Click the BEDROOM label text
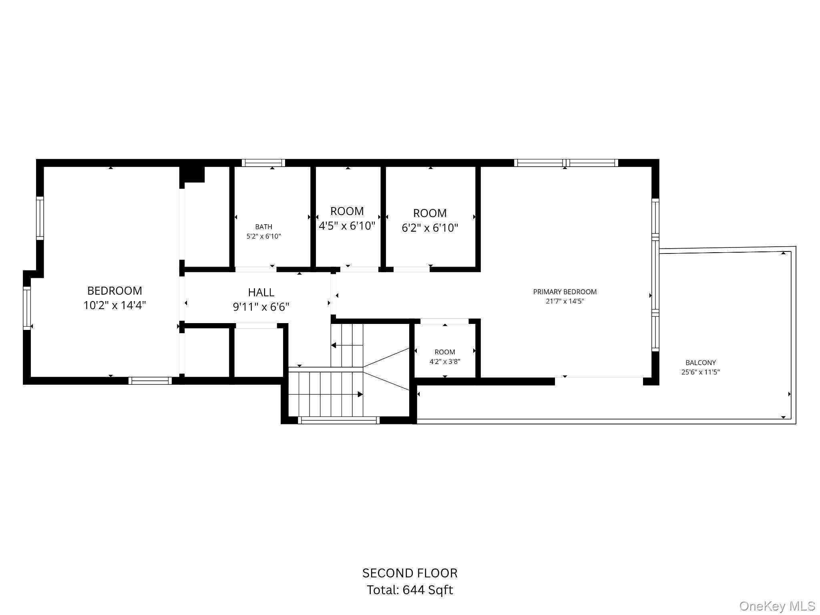pos(115,291)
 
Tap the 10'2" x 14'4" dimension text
pos(115,305)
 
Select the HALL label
pos(261,292)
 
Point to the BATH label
pos(263,227)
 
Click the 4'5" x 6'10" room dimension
pos(347,226)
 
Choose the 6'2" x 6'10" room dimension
pos(430,228)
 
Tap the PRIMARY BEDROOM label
pos(565,292)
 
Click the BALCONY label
pos(700,363)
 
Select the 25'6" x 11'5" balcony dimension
pos(700,372)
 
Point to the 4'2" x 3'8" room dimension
pos(444,362)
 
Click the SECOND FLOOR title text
pos(410,573)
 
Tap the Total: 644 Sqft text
pos(410,590)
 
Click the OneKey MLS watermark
pos(777,606)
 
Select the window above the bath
pos(263,163)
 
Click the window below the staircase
pos(339,420)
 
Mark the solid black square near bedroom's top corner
pos(192,174)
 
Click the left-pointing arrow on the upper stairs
pos(333,345)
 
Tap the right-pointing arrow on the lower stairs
pos(360,394)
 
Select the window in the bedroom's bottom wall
pos(150,381)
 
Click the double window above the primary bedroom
pos(566,163)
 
